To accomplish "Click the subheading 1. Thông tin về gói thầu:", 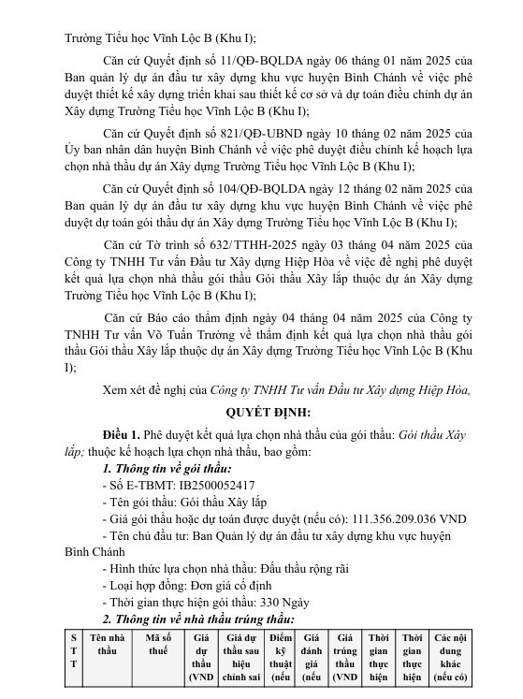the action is point(167,468).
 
